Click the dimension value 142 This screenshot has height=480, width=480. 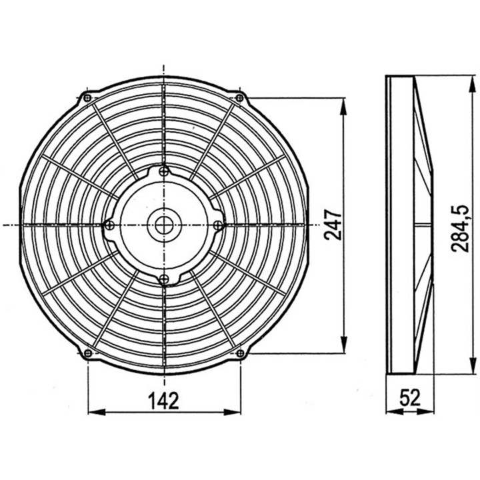coord(163,400)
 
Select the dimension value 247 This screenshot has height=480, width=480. coord(333,226)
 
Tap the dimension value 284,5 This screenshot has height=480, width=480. coord(461,228)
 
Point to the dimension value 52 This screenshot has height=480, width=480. coord(411,399)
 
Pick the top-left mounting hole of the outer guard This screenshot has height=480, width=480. coord(87,98)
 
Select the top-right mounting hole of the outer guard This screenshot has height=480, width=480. coord(239,98)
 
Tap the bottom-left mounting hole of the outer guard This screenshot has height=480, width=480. coord(87,353)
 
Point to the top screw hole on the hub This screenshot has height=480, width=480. coord(163,172)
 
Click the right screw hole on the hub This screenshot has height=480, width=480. coord(217,225)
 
